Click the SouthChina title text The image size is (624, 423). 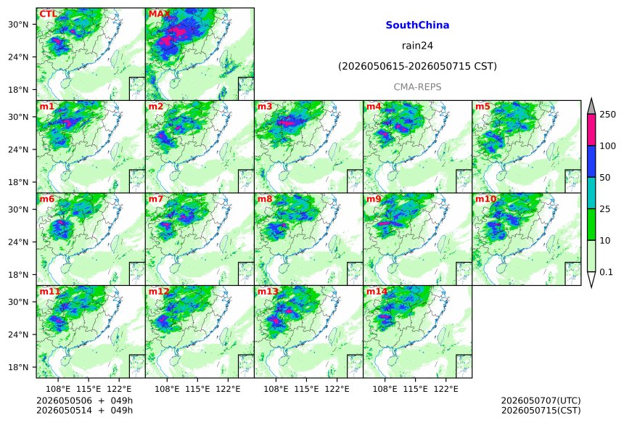tap(417, 25)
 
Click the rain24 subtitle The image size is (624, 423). tap(417, 46)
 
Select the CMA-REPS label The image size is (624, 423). tap(417, 87)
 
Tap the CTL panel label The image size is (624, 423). tap(48, 14)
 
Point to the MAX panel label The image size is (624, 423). tap(159, 14)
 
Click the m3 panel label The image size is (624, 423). tap(265, 107)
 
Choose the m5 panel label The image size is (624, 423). tap(483, 107)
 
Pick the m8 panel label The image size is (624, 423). tap(265, 199)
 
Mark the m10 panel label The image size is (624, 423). tap(485, 199)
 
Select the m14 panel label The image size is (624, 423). tap(377, 292)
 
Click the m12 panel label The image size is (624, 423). tap(159, 292)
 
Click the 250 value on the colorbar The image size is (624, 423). tap(607, 115)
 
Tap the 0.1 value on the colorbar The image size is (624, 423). tap(606, 272)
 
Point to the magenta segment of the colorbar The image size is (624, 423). tap(591, 130)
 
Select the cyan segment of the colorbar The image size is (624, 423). tap(591, 192)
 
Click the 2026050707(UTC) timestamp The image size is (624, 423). tap(541, 401)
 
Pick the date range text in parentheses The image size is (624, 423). tap(417, 66)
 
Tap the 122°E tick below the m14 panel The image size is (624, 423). tap(446, 388)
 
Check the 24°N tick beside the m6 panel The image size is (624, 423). tap(18, 242)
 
